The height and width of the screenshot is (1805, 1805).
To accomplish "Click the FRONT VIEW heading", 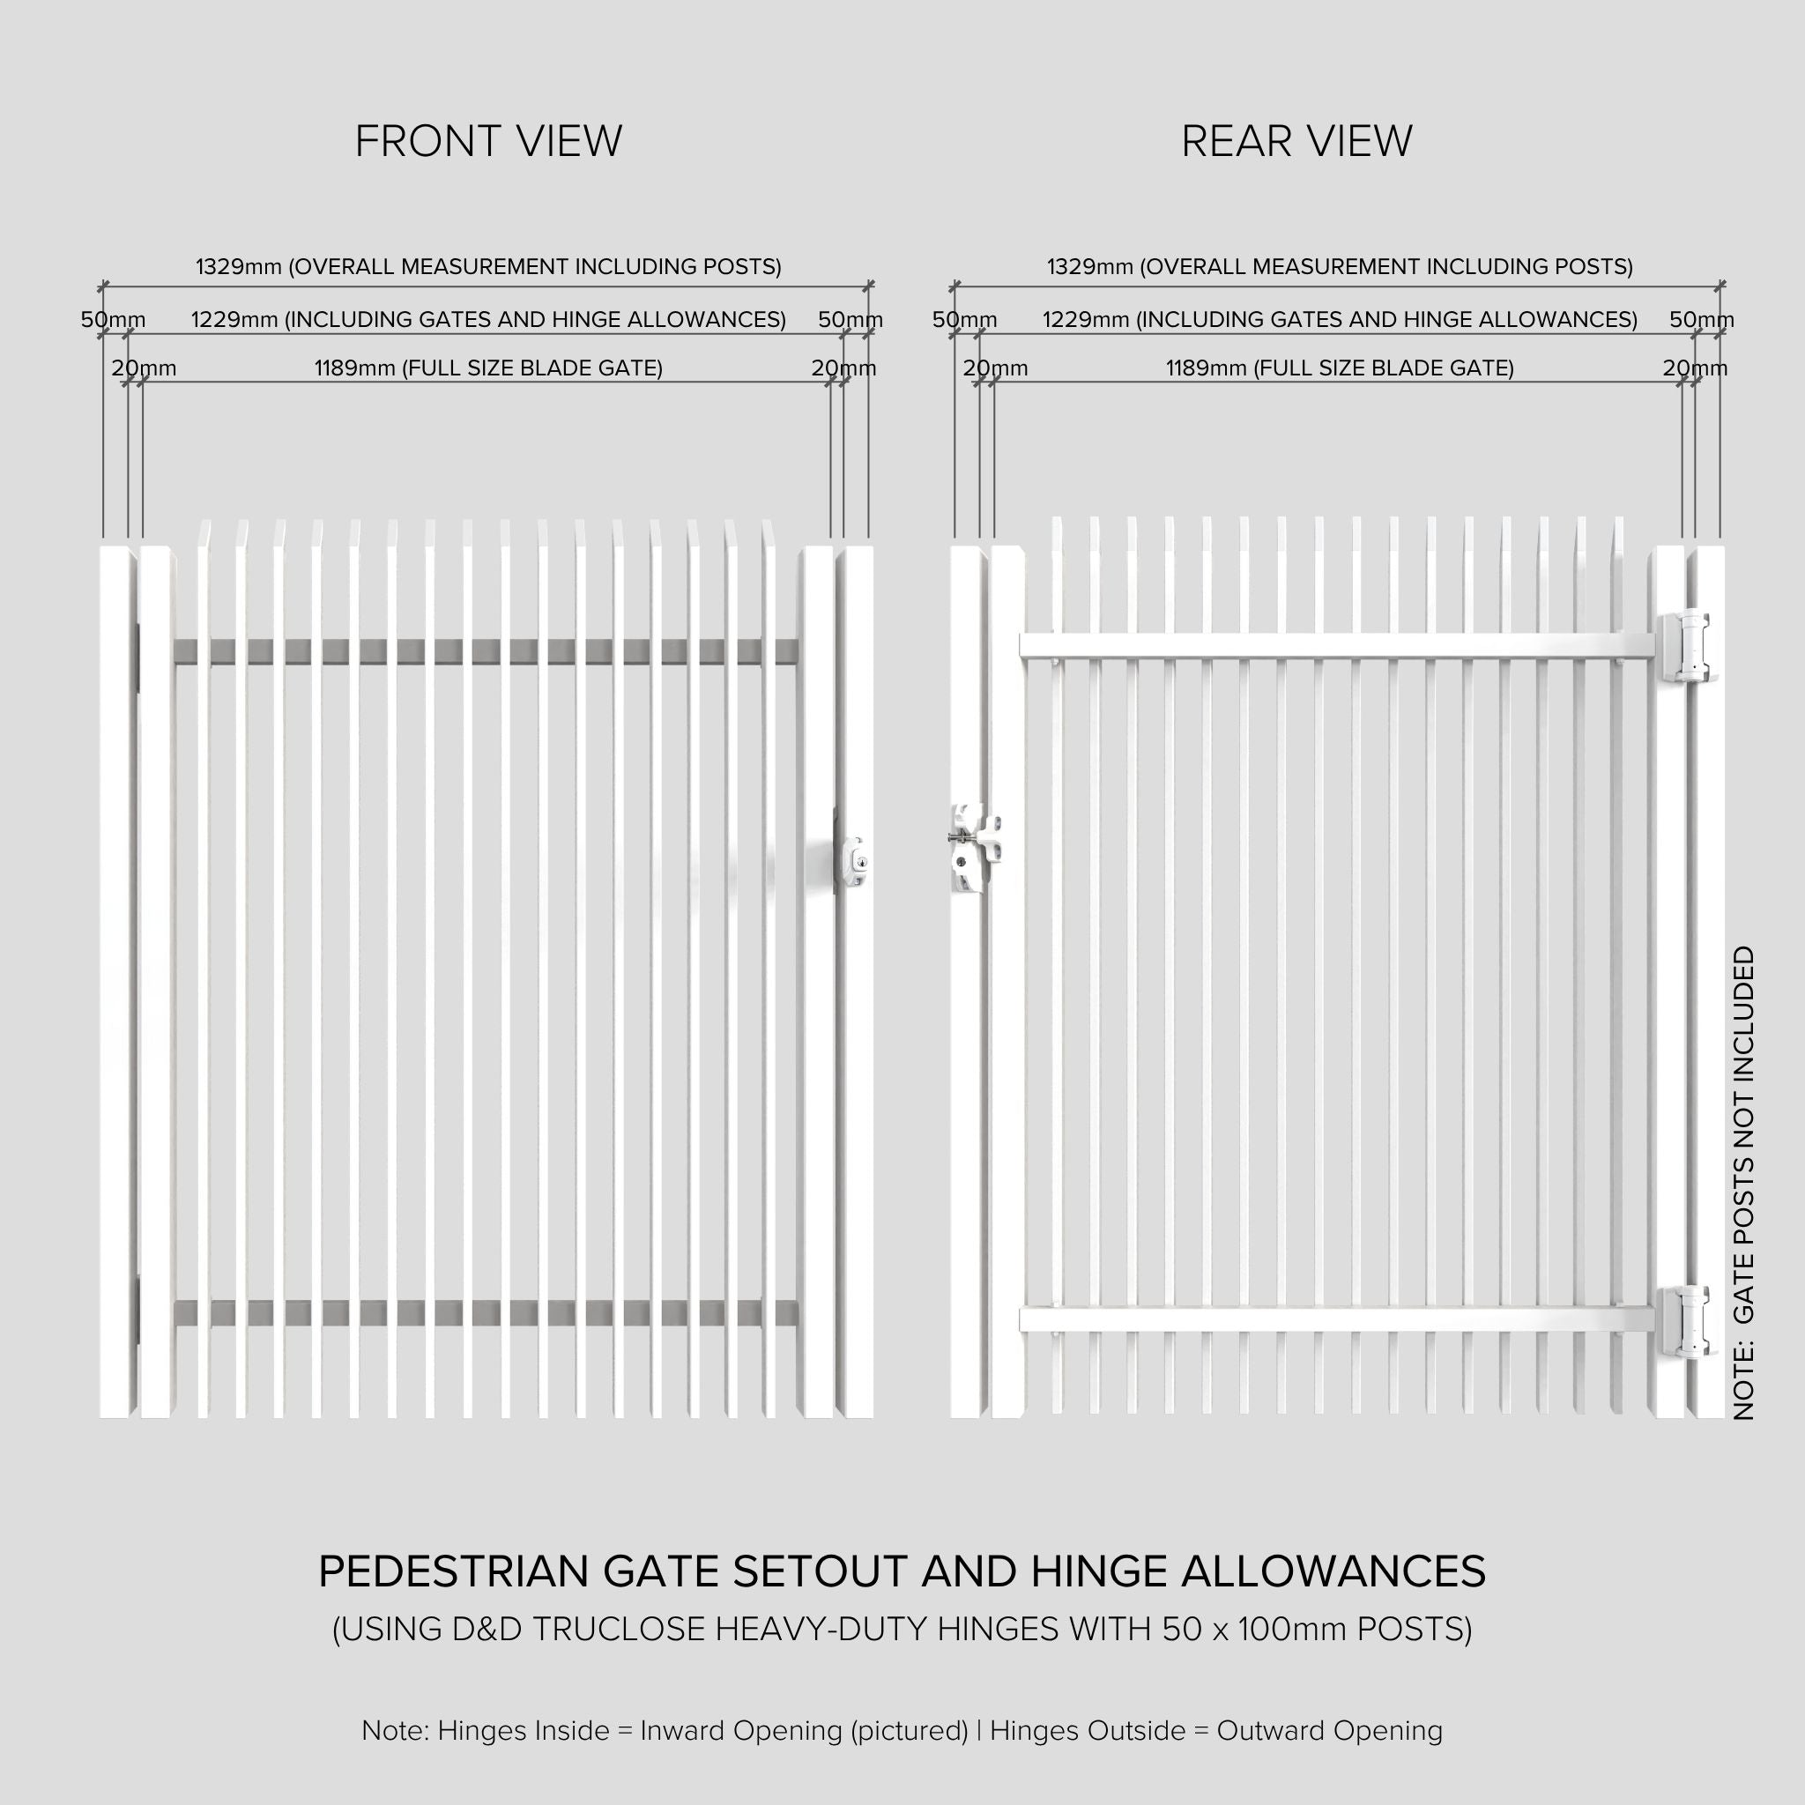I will tap(487, 142).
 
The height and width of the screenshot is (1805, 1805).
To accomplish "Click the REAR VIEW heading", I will tap(1296, 142).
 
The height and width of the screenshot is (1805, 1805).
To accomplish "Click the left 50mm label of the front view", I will tap(113, 320).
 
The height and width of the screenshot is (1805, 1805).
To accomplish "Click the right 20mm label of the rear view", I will tap(1694, 368).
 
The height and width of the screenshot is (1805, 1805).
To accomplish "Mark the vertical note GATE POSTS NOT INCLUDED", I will tap(1743, 1185).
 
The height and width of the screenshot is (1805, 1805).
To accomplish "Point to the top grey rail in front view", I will tap(486, 651).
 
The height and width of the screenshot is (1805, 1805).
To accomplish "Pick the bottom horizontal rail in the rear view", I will tap(1336, 1318).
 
